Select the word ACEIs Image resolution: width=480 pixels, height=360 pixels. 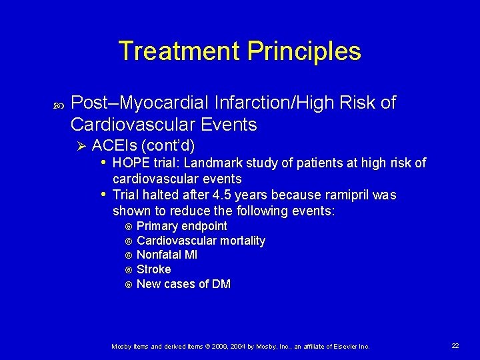point(114,145)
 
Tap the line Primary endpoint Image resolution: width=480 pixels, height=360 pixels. point(181,226)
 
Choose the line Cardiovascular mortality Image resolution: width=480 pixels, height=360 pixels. point(201,241)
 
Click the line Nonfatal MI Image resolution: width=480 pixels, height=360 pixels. point(167,255)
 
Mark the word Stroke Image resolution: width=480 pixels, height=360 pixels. point(153,269)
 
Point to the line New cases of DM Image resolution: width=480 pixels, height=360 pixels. point(183,284)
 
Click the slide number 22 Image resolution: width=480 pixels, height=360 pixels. point(455,345)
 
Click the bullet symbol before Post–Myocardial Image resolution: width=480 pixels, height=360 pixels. point(53,104)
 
